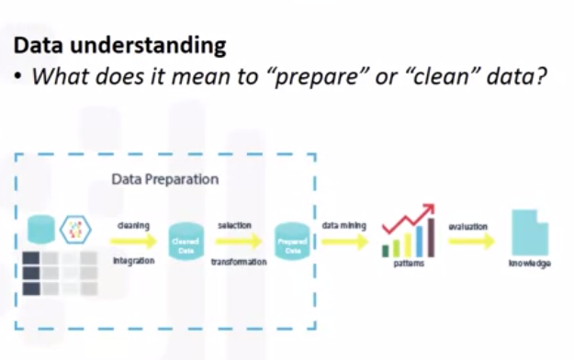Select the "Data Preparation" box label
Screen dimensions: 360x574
coord(165,179)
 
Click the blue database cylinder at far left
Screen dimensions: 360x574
coord(39,227)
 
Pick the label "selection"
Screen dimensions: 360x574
coord(234,225)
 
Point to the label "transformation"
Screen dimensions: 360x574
coord(238,262)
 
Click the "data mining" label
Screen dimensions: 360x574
coord(341,225)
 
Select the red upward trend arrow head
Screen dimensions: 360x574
coord(428,212)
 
